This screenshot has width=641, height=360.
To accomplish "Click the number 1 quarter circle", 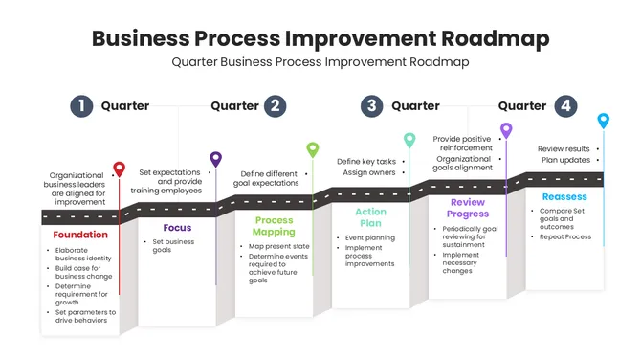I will click(82, 106).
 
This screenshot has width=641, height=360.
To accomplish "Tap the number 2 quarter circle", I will click(276, 106).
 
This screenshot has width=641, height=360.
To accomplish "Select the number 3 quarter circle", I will click(372, 106).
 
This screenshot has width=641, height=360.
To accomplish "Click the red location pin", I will click(119, 169).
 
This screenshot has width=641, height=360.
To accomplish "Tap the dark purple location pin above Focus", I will click(216, 159).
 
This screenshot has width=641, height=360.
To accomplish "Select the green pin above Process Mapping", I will click(313, 148).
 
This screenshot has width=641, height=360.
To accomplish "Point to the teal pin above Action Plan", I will click(409, 140).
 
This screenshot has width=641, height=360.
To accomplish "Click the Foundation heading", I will click(80, 235).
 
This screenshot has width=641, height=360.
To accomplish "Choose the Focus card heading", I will click(177, 228).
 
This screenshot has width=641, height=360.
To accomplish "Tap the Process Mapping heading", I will click(274, 226).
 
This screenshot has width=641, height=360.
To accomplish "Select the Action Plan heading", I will click(370, 217).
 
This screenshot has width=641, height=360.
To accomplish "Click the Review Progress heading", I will click(467, 208).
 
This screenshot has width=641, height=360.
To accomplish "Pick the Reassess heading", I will click(564, 196).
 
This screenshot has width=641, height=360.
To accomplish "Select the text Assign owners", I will click(368, 173).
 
